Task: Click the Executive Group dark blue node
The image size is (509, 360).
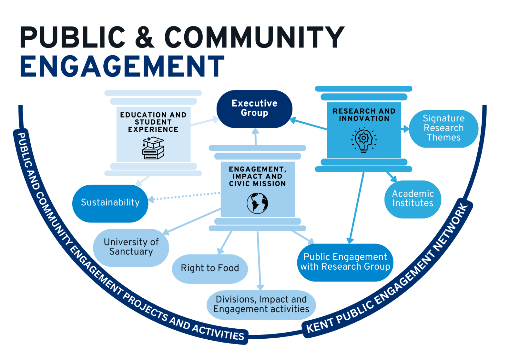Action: tap(254, 109)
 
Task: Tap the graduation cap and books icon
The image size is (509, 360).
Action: tap(153, 148)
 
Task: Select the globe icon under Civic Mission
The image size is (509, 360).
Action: tap(257, 203)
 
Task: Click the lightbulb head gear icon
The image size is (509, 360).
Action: tap(364, 140)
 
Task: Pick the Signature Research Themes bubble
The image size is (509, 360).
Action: tap(443, 129)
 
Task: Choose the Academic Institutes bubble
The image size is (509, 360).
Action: tap(412, 199)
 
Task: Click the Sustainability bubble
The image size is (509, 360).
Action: tap(110, 203)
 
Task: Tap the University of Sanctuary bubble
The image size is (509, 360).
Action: tap(131, 247)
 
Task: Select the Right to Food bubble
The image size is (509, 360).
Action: tap(210, 268)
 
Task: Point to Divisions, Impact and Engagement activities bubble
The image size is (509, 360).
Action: tap(261, 304)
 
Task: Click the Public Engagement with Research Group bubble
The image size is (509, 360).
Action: tap(345, 262)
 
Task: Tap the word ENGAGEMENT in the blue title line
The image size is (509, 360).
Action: tap(122, 67)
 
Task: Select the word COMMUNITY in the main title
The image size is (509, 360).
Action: tap(254, 37)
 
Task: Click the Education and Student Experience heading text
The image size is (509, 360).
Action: tap(153, 122)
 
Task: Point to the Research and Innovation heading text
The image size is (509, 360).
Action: tap(364, 115)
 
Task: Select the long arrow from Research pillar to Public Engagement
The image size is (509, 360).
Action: tap(357, 207)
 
